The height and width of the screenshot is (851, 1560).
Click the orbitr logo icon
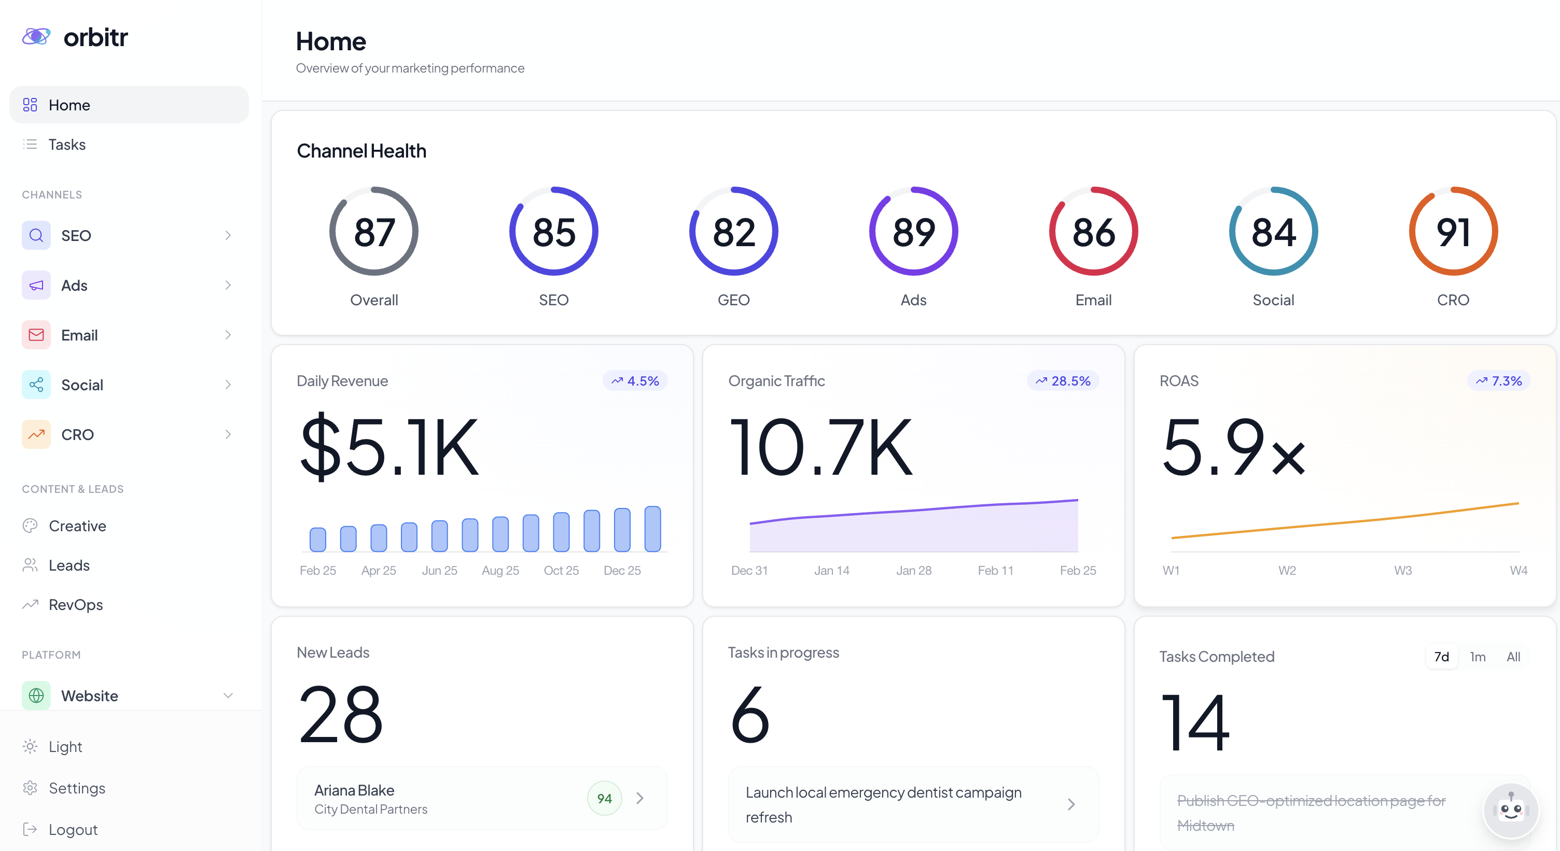coord(36,36)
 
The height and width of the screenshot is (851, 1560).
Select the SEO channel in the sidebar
coord(76,235)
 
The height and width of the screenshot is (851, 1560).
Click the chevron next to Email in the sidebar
coord(228,335)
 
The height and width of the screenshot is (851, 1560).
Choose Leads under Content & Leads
coord(69,565)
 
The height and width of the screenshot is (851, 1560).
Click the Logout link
coord(73,829)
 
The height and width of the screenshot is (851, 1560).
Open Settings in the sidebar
coord(77,788)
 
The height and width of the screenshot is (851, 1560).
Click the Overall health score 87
coord(373,232)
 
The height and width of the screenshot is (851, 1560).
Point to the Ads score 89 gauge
coord(913,232)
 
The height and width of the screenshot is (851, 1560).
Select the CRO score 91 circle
coord(1453,232)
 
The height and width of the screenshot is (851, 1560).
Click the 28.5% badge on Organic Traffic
coord(1063,381)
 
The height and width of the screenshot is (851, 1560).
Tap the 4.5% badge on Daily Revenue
coord(635,381)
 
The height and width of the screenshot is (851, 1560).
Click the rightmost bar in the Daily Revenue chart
coord(652,529)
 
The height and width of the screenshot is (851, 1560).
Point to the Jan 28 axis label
coord(913,570)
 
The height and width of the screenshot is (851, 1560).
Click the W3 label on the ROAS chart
coord(1402,570)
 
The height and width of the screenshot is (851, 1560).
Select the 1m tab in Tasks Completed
coord(1477,657)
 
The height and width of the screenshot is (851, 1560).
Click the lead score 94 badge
coord(604,798)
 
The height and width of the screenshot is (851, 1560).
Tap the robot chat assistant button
coord(1510,811)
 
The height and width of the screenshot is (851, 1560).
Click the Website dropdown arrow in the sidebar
coord(228,696)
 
